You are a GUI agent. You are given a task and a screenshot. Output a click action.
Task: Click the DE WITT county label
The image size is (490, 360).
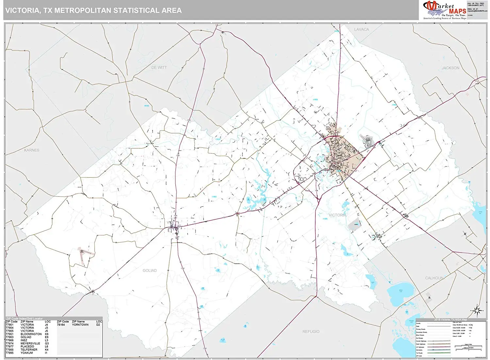coord(159,68)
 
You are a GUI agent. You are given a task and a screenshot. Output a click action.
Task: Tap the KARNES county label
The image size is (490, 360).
coord(32,150)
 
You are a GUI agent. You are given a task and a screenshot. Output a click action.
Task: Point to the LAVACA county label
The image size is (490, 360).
coord(361,29)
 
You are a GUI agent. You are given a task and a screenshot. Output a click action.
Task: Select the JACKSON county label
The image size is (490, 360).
coord(450,68)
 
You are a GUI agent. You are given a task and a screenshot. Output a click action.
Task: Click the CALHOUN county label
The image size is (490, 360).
coord(434,278)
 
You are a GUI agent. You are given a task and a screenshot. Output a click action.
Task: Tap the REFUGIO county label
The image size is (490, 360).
coord(311,332)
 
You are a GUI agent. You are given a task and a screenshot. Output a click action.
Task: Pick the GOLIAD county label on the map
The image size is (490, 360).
coord(150,271)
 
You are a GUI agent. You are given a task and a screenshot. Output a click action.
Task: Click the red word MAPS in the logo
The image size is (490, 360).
coord(457,11)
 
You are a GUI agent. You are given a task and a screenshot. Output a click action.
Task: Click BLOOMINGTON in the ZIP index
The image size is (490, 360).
coord(31,334)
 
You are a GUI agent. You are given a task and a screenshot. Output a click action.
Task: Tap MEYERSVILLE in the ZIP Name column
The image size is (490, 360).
coord(30,343)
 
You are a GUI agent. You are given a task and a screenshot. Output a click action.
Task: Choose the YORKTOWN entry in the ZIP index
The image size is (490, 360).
coord(80,325)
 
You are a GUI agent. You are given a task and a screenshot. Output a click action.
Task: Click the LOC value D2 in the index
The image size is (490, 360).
coord(98,325)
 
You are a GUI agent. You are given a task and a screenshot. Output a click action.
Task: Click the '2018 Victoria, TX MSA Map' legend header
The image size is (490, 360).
coord(450,320)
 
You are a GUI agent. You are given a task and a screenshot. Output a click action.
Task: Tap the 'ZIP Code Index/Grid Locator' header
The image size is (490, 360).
coord(24,319)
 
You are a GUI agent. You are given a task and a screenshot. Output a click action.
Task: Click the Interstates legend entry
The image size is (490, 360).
coord(420,350)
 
